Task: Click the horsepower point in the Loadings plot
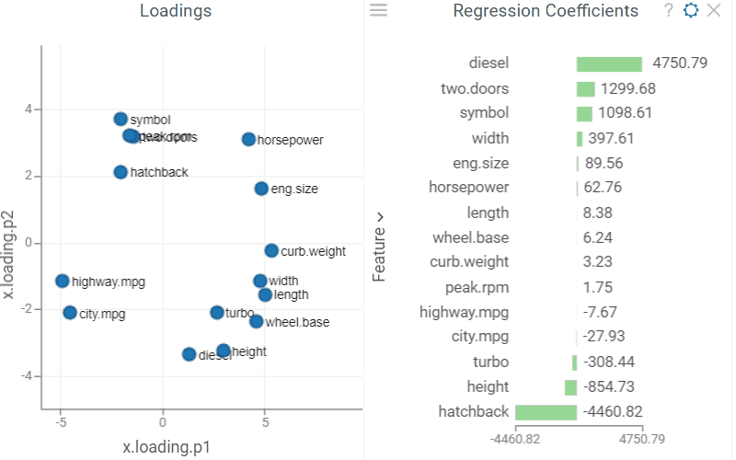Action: click(248, 139)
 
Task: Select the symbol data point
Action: click(121, 119)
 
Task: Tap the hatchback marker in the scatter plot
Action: click(121, 172)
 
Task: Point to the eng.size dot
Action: click(261, 189)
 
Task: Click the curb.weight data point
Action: click(271, 250)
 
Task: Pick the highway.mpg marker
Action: click(62, 281)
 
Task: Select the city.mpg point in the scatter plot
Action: click(70, 313)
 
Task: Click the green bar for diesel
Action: click(609, 64)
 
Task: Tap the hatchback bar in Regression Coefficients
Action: click(546, 412)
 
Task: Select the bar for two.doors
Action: click(585, 89)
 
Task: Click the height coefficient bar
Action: click(570, 387)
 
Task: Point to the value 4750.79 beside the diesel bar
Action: click(679, 64)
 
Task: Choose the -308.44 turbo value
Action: click(609, 362)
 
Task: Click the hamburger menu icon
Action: click(378, 10)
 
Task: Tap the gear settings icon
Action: click(691, 10)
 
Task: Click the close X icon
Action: click(713, 10)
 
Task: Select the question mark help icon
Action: click(669, 10)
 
